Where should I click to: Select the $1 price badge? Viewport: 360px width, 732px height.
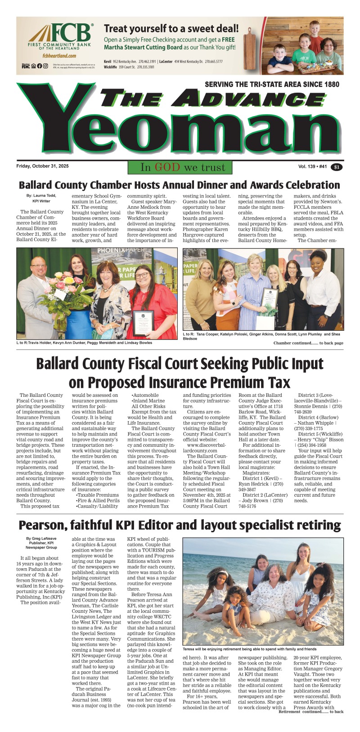(x=336, y=167)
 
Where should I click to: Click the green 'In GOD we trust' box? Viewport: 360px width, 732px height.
(x=180, y=167)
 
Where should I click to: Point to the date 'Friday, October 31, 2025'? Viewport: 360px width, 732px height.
(x=42, y=166)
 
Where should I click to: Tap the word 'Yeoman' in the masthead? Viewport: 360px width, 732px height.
(x=180, y=130)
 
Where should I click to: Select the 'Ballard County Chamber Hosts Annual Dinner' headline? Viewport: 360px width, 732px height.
(x=180, y=185)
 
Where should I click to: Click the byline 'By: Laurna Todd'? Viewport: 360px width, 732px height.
(x=41, y=196)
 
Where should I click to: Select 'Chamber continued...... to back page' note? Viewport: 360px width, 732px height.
(x=308, y=343)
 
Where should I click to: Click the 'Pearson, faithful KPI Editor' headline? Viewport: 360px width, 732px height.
(x=180, y=525)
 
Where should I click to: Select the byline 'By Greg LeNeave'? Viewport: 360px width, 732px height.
(x=41, y=538)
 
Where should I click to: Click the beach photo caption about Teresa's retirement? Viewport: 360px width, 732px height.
(x=250, y=649)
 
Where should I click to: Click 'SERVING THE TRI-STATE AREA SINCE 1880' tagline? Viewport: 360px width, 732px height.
(x=272, y=84)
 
